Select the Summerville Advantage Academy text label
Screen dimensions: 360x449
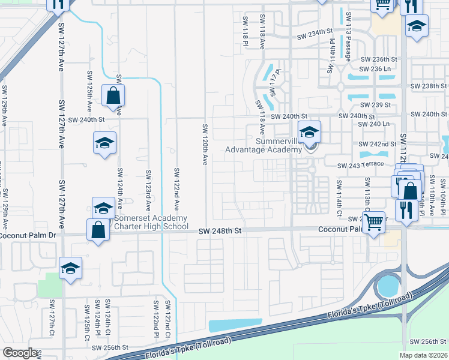point(262,145)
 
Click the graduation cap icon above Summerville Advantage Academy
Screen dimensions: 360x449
point(310,132)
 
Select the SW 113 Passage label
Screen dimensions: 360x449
point(348,37)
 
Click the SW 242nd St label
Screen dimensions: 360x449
point(378,145)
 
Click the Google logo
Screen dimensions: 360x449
point(19,353)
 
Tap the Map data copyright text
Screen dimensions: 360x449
point(424,355)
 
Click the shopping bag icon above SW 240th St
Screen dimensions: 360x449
point(113,96)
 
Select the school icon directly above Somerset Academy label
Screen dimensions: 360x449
point(103,208)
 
